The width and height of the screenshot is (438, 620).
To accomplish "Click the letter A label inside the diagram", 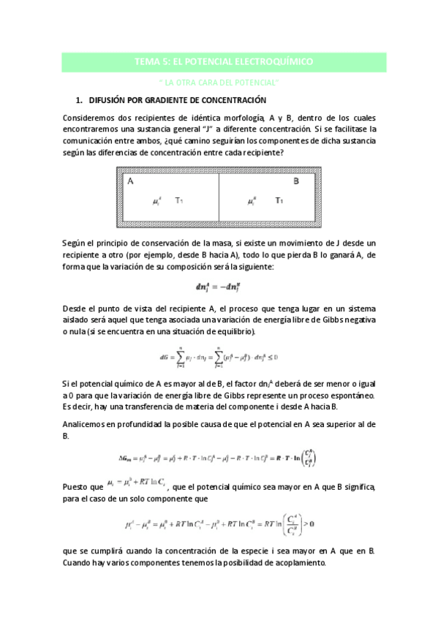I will (130, 181).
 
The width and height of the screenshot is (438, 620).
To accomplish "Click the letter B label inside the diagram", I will (296, 181).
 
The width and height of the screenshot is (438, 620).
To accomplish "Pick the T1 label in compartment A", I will (180, 199).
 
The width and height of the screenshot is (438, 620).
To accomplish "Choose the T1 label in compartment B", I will (279, 199).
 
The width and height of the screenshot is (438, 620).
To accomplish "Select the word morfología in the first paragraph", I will (241, 118).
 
